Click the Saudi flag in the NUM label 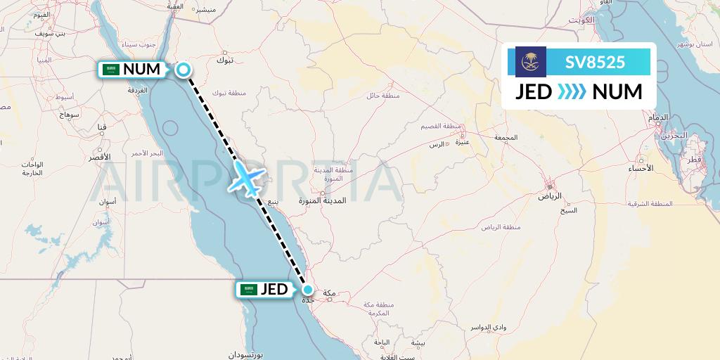pos(110,70)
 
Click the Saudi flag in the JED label pos(248,289)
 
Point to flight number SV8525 pos(595,62)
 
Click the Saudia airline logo pos(530,62)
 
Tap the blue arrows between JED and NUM pos(571,92)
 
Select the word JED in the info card pos(534,92)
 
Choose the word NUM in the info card pos(617,92)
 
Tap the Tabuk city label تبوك pos(225,60)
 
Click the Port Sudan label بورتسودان pos(246,356)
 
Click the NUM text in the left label pos(141,70)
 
